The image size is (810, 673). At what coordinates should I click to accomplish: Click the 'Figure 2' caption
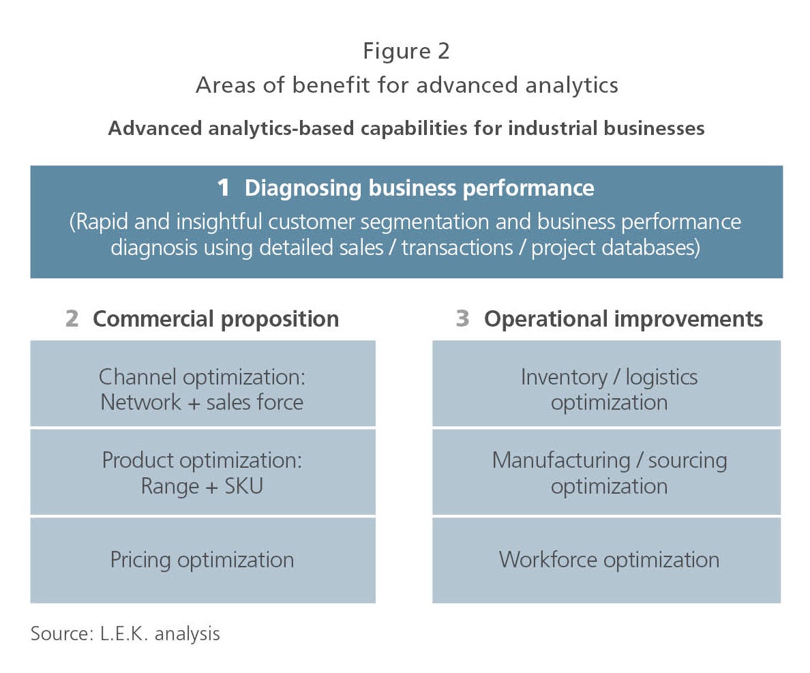tap(406, 52)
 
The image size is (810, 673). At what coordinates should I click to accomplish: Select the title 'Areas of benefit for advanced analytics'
tap(406, 85)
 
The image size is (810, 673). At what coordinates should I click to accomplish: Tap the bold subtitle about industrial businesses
tap(406, 128)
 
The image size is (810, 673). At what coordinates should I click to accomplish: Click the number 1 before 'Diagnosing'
tap(223, 188)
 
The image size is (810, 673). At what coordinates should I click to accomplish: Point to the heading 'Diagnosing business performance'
tap(419, 188)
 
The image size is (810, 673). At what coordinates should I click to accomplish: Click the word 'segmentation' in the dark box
tap(424, 222)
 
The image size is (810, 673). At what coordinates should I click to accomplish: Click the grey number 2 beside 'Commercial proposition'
tap(72, 318)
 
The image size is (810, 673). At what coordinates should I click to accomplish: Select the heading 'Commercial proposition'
tap(216, 319)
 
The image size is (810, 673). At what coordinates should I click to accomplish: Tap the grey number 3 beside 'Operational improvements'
tap(462, 318)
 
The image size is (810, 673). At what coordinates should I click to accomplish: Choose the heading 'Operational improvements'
tap(623, 319)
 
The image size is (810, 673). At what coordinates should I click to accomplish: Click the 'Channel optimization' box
tap(202, 383)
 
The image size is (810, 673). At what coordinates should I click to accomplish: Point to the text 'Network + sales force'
tap(202, 402)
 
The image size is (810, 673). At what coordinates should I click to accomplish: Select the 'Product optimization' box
tap(202, 473)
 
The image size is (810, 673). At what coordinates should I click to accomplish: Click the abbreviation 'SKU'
tap(244, 486)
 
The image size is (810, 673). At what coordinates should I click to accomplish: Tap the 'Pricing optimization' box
tap(202, 560)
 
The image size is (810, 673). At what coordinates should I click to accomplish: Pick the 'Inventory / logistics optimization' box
tap(606, 383)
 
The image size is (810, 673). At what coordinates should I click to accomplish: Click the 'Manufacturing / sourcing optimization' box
tap(606, 473)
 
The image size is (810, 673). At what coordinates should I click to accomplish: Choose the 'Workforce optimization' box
tap(606, 560)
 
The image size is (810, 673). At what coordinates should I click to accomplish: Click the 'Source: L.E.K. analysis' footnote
tap(125, 633)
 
